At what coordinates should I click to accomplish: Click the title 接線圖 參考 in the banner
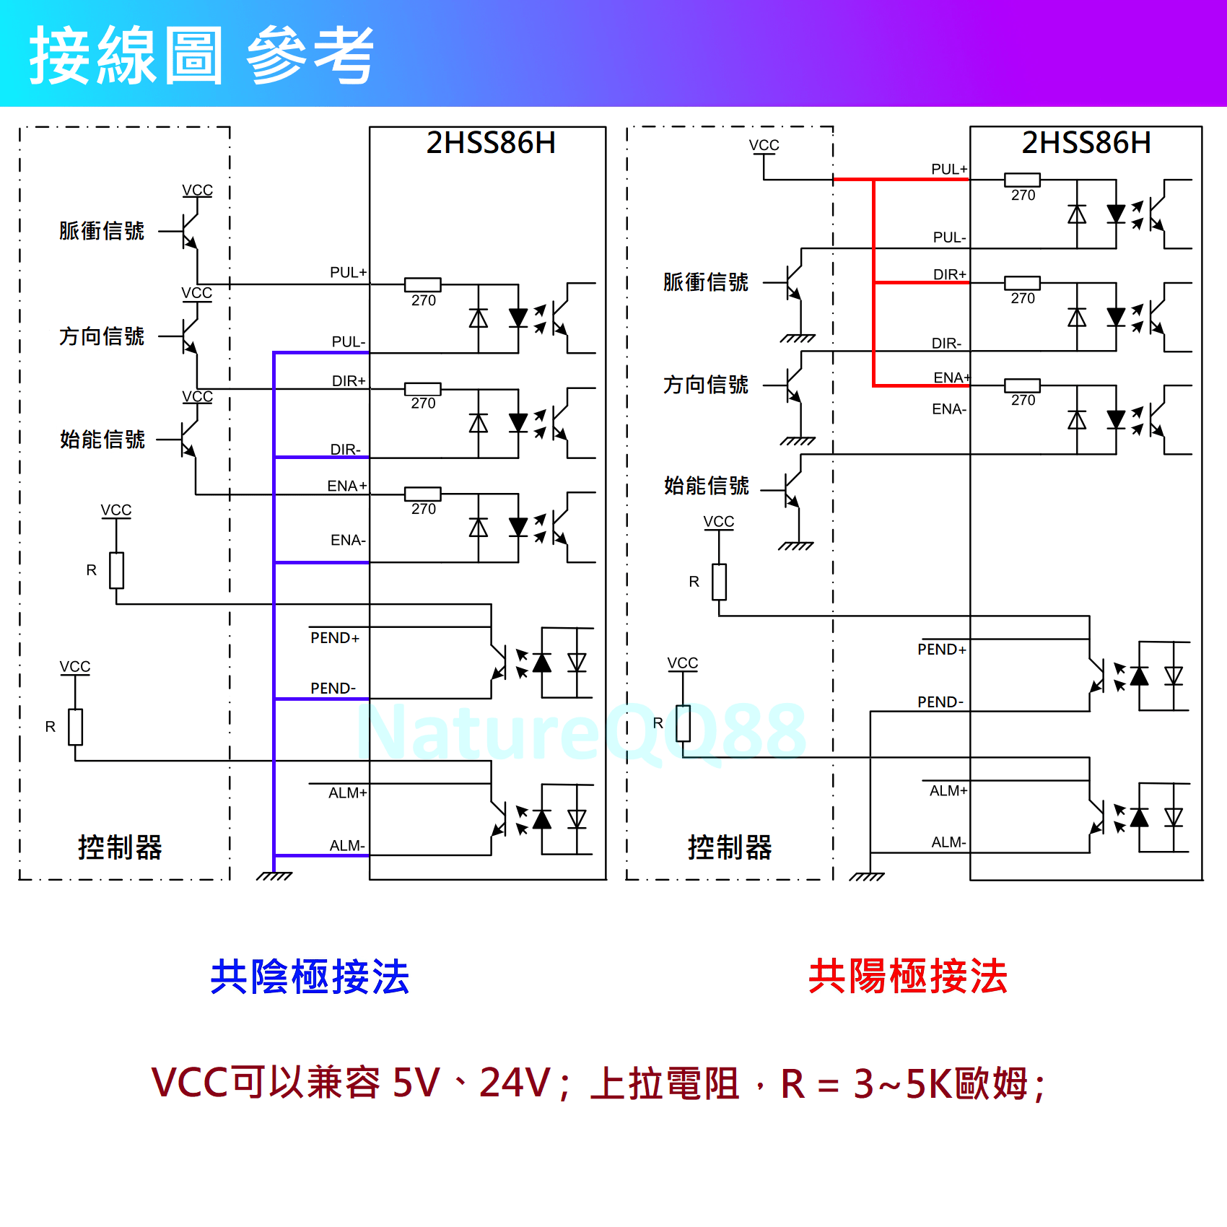[201, 55]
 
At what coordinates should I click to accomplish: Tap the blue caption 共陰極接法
[310, 977]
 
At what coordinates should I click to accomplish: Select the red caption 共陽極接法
[907, 977]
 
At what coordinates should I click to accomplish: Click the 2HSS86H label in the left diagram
[491, 143]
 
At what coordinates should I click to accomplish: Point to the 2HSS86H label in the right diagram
[1086, 143]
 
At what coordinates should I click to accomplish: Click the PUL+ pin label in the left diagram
[348, 273]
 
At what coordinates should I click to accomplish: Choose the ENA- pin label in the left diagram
[348, 541]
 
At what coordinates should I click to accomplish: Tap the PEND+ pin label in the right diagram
[941, 650]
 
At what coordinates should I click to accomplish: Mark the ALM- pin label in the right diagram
[948, 842]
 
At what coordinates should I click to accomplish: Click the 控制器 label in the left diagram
[120, 847]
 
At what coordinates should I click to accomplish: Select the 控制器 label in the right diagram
[730, 847]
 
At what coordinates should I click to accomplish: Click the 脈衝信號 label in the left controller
[102, 231]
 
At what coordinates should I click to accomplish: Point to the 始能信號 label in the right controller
[706, 486]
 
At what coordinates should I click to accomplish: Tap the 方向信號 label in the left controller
[102, 336]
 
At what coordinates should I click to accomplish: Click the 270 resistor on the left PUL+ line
[423, 284]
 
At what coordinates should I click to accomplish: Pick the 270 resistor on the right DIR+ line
[1022, 283]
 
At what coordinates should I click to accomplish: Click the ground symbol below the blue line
[274, 876]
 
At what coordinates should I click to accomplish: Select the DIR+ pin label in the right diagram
[949, 275]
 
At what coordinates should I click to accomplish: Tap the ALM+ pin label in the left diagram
[347, 793]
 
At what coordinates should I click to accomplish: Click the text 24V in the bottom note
[514, 1083]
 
